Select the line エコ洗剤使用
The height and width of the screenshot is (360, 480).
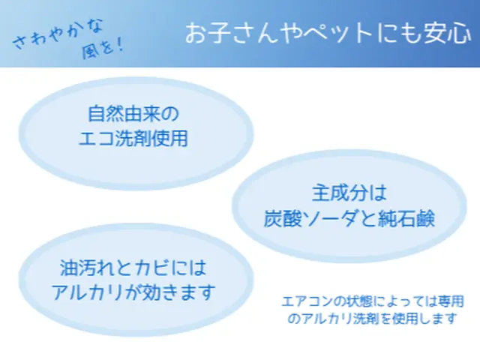[x=132, y=139]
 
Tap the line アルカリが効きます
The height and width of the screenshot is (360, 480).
[x=132, y=291]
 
